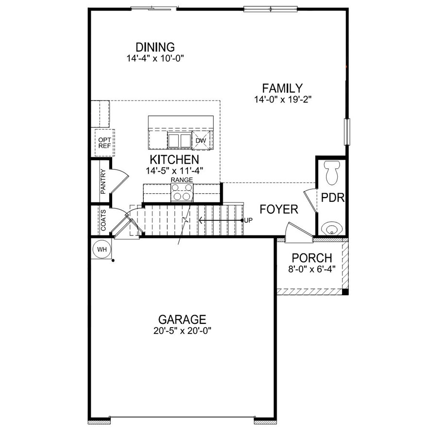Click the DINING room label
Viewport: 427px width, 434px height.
click(155, 48)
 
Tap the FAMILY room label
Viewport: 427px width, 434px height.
click(282, 88)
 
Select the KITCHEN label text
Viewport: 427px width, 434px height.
click(174, 160)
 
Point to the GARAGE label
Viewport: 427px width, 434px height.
click(182, 320)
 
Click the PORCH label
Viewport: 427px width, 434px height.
click(312, 258)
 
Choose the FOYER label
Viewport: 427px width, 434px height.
click(279, 210)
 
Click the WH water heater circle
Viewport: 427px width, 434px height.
click(102, 250)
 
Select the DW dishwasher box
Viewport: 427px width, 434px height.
click(201, 141)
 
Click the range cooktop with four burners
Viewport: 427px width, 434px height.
click(182, 193)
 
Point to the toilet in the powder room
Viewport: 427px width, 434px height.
click(332, 173)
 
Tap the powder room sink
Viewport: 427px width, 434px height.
click(332, 228)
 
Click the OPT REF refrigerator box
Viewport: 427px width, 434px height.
click(104, 142)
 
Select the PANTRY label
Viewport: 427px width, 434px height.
click(103, 182)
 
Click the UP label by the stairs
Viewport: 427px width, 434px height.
click(249, 220)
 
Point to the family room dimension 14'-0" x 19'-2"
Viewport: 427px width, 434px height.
click(282, 100)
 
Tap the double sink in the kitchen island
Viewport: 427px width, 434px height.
click(179, 140)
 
